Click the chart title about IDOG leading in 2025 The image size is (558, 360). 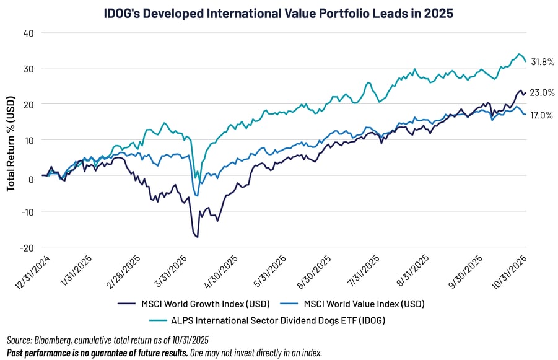pos(279,11)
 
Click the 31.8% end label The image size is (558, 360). pos(541,62)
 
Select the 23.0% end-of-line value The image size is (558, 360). pos(541,93)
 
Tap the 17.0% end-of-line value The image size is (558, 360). pos(541,115)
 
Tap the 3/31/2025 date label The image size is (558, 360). pos(175,270)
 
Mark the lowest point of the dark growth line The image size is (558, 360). pos(197,237)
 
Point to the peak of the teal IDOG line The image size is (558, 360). pos(519,54)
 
